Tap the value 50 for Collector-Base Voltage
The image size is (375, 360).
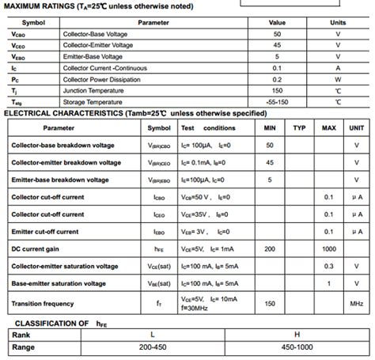277,34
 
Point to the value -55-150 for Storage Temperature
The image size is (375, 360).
277,102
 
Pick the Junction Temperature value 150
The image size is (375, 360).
277,90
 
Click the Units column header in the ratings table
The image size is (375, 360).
338,22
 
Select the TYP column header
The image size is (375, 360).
299,127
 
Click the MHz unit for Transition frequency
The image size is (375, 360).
357,303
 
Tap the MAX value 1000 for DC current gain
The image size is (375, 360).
329,248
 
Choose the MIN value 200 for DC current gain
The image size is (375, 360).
270,248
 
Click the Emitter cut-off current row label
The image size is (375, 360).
45,231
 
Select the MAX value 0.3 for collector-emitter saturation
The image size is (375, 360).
329,266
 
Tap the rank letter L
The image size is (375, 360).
152,335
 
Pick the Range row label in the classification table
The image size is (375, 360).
24,347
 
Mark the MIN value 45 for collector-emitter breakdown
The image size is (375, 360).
270,162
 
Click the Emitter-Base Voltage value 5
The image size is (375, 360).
277,56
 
